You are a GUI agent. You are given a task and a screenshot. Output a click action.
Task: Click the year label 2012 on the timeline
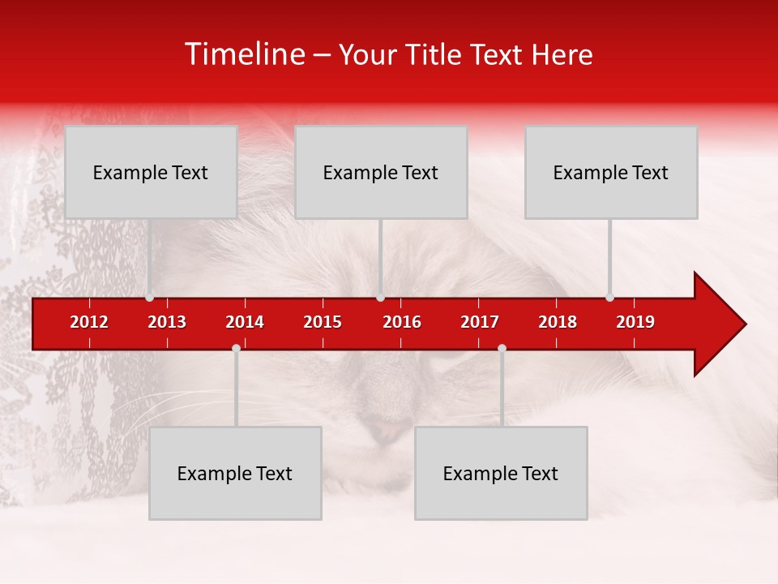(x=89, y=322)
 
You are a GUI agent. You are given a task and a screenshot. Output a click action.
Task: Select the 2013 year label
(x=167, y=322)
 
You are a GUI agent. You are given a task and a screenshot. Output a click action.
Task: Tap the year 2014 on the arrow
(x=245, y=322)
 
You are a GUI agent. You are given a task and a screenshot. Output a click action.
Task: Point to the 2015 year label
(x=323, y=322)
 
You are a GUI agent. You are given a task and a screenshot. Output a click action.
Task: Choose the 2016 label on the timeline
(x=402, y=322)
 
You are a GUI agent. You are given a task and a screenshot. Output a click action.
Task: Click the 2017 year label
(x=480, y=322)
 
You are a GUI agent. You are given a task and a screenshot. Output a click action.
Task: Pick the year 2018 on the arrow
(x=558, y=322)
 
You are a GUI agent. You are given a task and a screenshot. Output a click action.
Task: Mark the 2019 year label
(x=635, y=322)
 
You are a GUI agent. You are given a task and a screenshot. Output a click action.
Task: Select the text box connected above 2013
(x=151, y=172)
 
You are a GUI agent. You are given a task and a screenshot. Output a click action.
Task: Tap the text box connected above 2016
(x=381, y=172)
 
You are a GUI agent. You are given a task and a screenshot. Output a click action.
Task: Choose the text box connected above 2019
(x=611, y=172)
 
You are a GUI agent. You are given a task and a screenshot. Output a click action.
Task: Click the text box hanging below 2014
(x=235, y=473)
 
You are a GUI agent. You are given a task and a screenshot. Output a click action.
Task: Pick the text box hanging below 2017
(x=501, y=473)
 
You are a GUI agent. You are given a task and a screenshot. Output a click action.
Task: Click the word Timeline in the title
(x=244, y=54)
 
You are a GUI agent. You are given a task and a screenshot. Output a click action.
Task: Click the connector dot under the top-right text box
(x=609, y=297)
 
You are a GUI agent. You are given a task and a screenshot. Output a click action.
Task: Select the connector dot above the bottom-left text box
(x=236, y=348)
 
